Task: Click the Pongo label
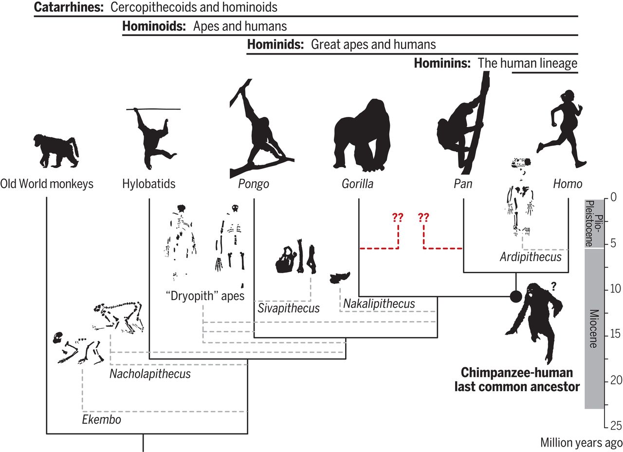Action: click(254, 184)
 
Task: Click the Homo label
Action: click(568, 184)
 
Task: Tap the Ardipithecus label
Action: click(531, 257)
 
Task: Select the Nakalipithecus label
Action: click(379, 304)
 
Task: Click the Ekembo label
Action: click(101, 419)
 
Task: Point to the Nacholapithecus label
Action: click(150, 374)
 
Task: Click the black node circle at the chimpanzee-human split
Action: click(516, 296)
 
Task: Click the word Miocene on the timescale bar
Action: click(594, 329)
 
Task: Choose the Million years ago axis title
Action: click(581, 443)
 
